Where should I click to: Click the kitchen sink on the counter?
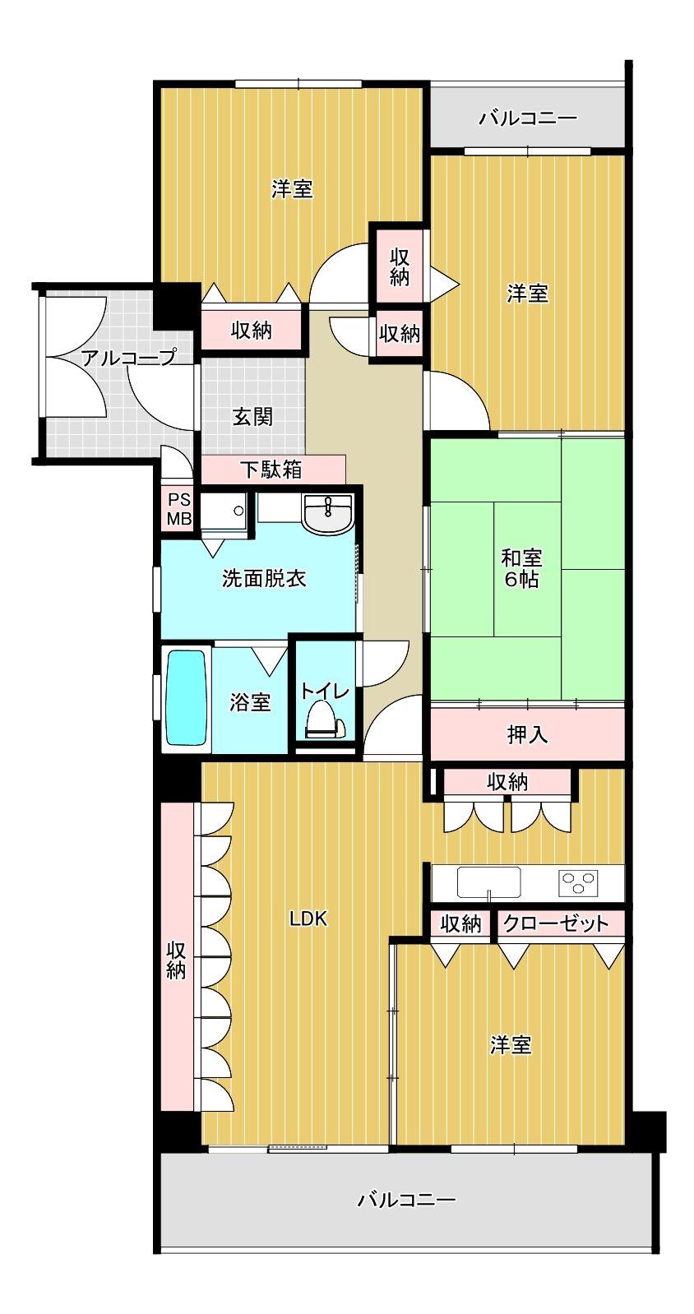(x=489, y=882)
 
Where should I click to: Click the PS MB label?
(x=179, y=510)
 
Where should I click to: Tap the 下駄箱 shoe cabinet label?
(x=271, y=470)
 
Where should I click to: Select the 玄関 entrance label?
(x=252, y=418)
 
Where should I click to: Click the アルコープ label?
(x=128, y=358)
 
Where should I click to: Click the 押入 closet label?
(x=527, y=734)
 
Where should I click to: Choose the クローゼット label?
(x=556, y=923)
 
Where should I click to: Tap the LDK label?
(x=308, y=919)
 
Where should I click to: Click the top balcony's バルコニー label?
(x=528, y=118)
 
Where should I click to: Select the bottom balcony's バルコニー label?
(x=406, y=1201)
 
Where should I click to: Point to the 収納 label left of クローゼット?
(x=460, y=923)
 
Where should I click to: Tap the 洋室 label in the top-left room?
(x=292, y=190)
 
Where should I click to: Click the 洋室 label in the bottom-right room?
(x=511, y=1046)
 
